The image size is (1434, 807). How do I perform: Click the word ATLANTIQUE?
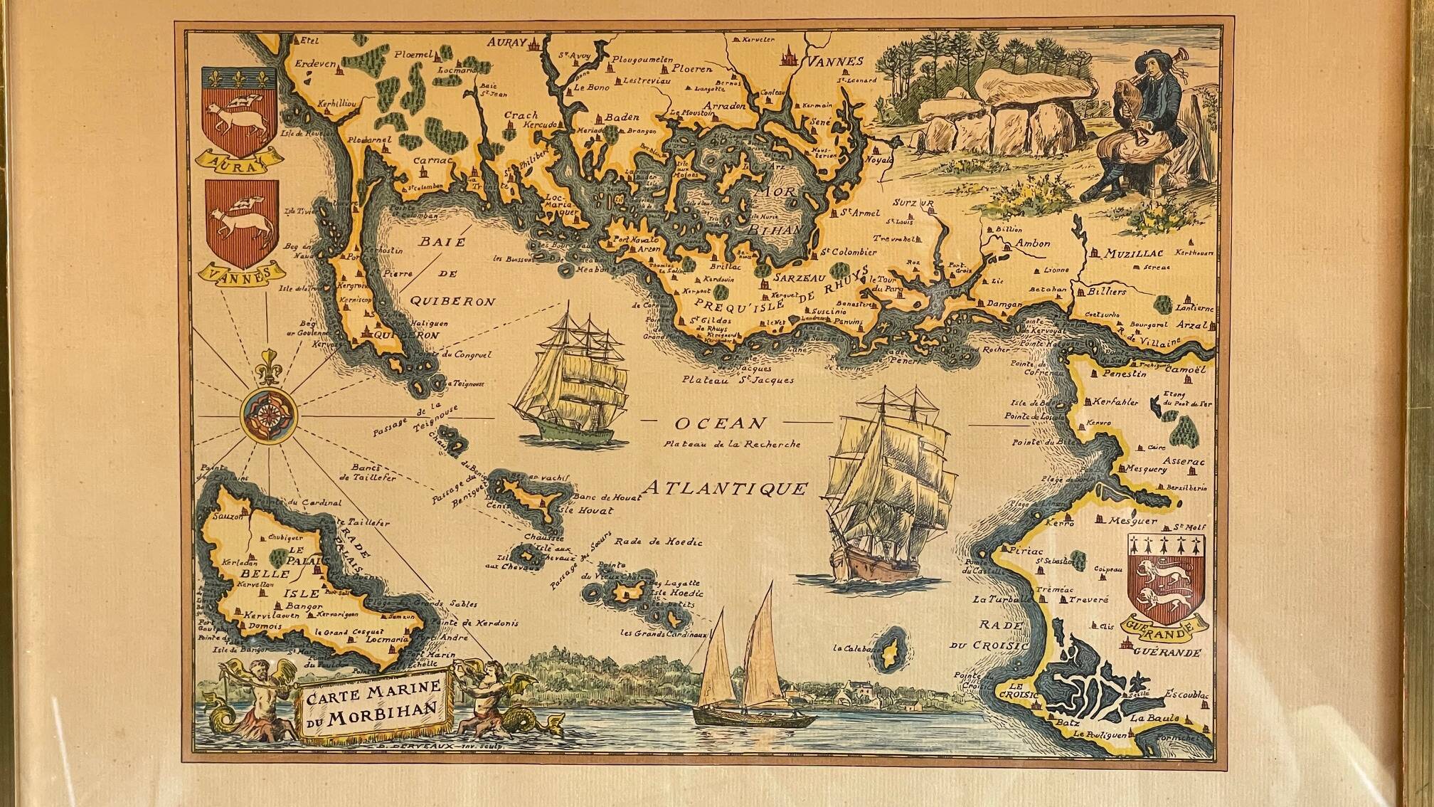726,489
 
